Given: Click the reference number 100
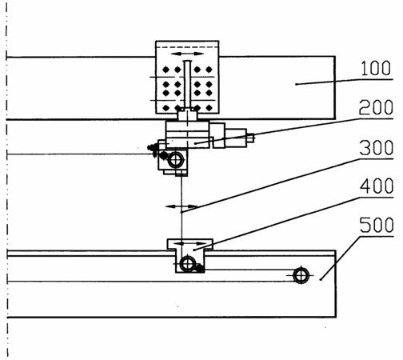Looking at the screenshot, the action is click(x=376, y=68).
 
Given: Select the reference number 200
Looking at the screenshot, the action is click(x=376, y=107).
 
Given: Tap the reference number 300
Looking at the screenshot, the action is click(x=377, y=147).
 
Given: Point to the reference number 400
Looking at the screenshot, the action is click(x=377, y=186).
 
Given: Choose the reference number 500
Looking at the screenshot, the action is click(x=377, y=225).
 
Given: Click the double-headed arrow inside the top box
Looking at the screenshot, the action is click(x=187, y=54).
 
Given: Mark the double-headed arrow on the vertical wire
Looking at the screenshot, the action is click(x=182, y=206).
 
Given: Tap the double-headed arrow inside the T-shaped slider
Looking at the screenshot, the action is click(x=191, y=243).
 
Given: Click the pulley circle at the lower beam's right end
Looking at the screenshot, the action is click(x=301, y=275).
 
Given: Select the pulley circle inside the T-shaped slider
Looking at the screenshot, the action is click(x=188, y=264).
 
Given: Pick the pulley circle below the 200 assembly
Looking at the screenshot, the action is click(x=175, y=160).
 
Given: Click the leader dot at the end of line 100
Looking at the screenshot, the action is click(x=296, y=84).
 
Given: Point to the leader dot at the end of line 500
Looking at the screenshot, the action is click(x=321, y=279).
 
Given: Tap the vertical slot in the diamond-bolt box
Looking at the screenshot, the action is click(x=187, y=84).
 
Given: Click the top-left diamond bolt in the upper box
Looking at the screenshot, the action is click(x=166, y=70).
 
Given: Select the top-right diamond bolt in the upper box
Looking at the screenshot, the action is click(x=209, y=70).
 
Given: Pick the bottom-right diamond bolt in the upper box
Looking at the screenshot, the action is click(x=209, y=108).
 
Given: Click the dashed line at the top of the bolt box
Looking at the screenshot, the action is click(x=187, y=47).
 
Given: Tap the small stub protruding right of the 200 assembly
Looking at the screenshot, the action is click(x=250, y=138).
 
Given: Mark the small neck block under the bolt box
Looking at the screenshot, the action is click(x=187, y=115).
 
